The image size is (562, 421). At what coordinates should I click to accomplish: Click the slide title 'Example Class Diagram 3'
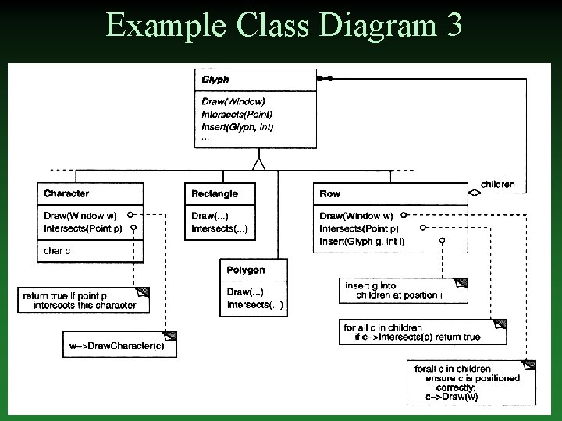[283, 25]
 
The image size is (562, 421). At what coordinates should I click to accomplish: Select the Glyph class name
[215, 80]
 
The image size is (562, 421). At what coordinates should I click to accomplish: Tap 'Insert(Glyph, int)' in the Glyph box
[237, 126]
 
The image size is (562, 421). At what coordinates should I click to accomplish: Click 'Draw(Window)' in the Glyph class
[233, 101]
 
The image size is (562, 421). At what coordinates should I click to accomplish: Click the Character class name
[66, 193]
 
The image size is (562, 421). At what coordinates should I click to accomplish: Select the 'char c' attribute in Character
[57, 251]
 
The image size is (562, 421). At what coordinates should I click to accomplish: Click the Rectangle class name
[215, 193]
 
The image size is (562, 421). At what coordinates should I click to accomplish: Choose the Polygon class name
[245, 270]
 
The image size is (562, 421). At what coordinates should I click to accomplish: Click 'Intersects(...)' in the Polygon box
[255, 304]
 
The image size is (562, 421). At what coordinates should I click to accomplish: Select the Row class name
[330, 193]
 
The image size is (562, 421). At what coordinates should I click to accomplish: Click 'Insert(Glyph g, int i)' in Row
[362, 241]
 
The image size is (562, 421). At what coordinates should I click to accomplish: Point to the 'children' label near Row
[497, 185]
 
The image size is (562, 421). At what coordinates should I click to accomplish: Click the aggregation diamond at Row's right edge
[473, 192]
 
